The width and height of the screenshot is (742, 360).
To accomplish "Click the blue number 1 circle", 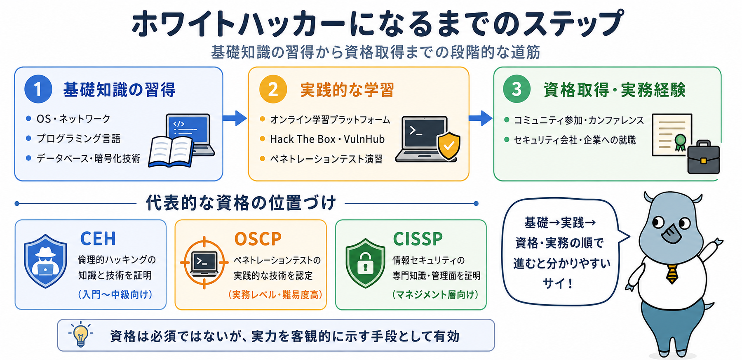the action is [38, 89].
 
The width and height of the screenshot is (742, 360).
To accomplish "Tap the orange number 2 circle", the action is [273, 89].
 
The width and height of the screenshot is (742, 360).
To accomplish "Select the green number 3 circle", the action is [517, 89].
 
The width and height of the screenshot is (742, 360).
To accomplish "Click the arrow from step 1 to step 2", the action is [235, 118].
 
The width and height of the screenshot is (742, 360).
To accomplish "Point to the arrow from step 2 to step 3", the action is [481, 118].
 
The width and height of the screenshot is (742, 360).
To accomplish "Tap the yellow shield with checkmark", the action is [448, 146].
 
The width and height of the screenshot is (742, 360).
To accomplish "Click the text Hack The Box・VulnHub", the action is [327, 139].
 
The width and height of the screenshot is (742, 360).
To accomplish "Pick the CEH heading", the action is [98, 239].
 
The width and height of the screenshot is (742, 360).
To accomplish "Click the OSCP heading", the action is [258, 239].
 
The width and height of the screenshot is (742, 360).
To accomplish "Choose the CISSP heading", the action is [418, 239].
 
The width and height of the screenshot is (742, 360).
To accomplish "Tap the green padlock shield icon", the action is [365, 263].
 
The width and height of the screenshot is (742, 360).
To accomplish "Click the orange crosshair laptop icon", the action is [204, 262].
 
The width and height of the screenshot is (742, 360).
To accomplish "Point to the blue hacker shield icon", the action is [45, 261].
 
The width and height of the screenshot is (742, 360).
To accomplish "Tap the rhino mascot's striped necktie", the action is [672, 274].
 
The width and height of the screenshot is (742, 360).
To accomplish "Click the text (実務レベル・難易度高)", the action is [275, 294].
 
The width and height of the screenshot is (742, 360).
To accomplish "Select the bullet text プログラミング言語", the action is [78, 139].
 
